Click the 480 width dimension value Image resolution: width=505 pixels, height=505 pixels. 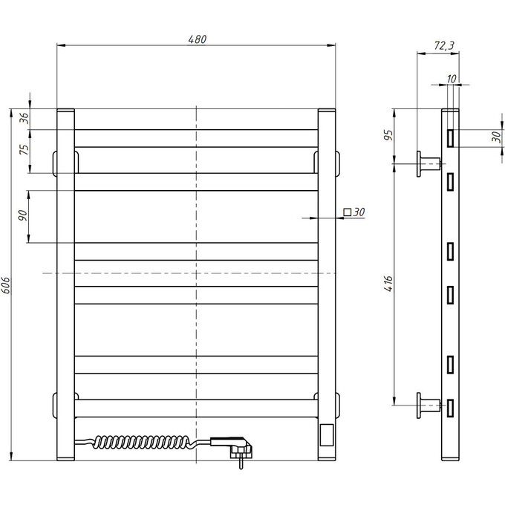197,39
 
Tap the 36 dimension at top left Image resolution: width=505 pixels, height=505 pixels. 23,117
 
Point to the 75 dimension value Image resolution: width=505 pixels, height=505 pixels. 23,148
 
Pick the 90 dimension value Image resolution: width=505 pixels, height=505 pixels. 23,215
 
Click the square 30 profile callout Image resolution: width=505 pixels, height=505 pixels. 355,212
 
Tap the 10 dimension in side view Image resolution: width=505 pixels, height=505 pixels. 452,78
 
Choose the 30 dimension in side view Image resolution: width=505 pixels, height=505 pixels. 495,137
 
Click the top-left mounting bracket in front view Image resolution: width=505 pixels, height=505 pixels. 65,162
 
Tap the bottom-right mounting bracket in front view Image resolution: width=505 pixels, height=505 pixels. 329,405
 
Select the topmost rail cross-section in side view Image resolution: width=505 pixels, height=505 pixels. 451,137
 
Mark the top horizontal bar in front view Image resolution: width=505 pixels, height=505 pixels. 197,138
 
